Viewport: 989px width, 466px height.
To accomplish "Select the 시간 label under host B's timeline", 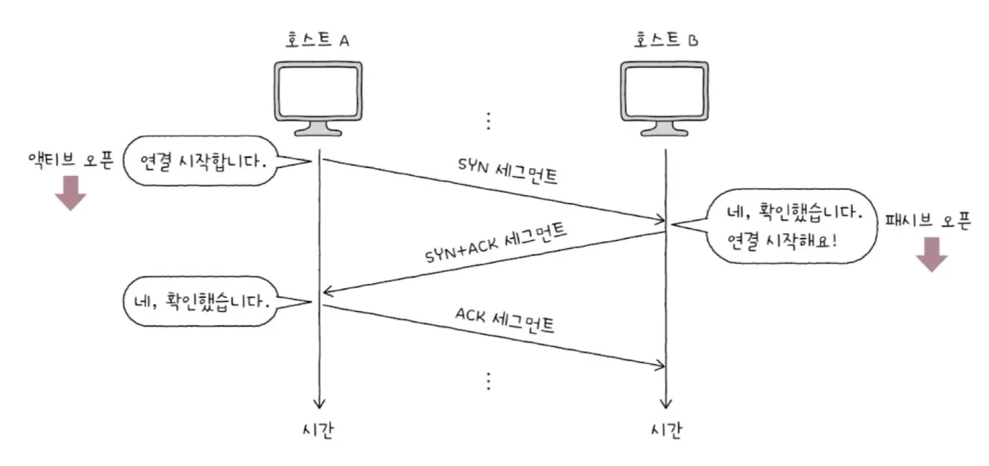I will click(665, 432).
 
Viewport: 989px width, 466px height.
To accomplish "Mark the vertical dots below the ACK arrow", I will click(489, 381).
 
